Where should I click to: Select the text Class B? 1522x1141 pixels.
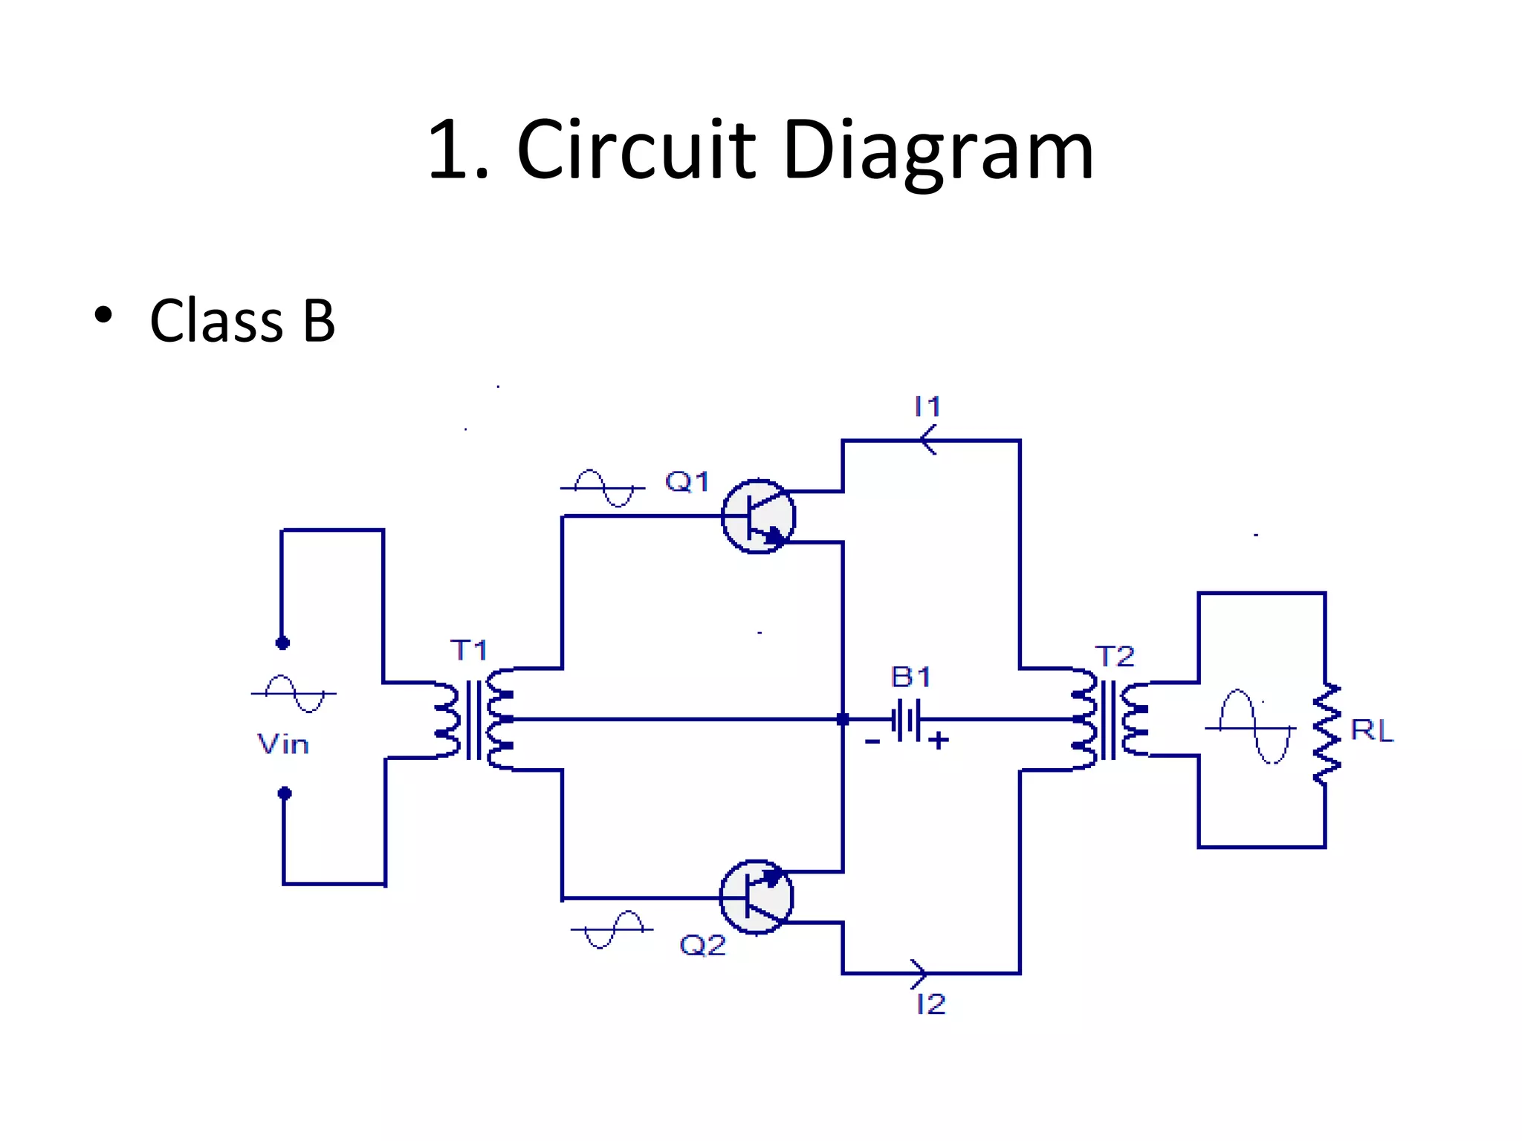[x=242, y=321]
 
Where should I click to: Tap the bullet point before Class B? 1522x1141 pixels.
[x=103, y=315]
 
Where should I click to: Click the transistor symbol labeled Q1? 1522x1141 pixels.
[x=758, y=516]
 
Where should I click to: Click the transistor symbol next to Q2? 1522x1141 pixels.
[x=757, y=897]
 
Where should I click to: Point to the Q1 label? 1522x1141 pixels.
[x=687, y=481]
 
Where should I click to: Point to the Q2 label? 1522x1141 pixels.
[x=702, y=945]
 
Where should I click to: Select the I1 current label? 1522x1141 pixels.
[x=927, y=406]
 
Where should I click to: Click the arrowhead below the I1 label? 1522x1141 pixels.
[x=928, y=441]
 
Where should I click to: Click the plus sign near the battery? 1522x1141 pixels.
[x=939, y=740]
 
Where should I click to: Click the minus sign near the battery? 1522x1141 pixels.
[x=872, y=741]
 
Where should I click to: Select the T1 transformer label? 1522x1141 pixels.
[x=469, y=650]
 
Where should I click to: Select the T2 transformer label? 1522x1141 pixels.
[x=1115, y=656]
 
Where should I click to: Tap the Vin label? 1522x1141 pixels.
[x=282, y=744]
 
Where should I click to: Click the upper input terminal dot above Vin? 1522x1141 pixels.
[x=282, y=643]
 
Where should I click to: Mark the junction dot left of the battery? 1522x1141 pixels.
[x=843, y=719]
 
